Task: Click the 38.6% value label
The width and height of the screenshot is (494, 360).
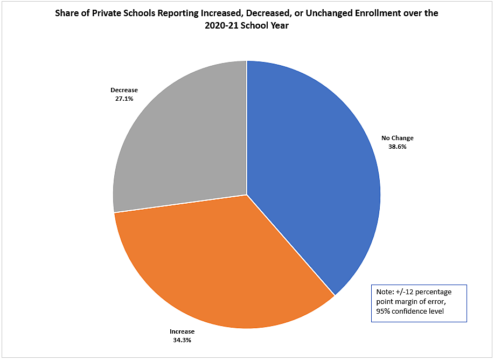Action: click(397, 146)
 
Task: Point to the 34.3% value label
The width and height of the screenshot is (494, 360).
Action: click(182, 340)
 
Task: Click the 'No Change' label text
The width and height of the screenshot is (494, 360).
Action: click(398, 139)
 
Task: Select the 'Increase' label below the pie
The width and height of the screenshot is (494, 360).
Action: click(182, 331)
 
